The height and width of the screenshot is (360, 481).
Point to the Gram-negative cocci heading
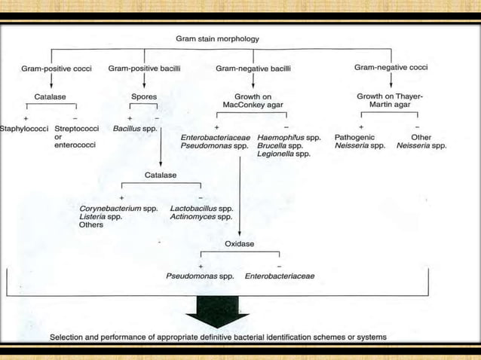[390, 68]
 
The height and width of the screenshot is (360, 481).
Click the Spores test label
[143, 97]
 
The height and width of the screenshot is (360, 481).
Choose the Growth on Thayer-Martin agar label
[390, 102]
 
